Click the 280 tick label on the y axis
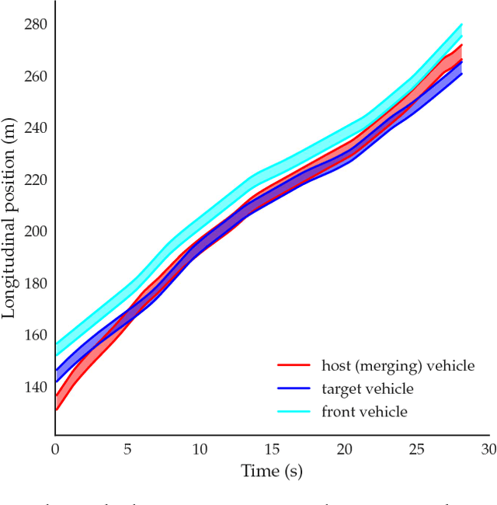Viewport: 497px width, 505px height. coord(36,24)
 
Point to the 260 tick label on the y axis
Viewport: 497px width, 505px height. coord(36,76)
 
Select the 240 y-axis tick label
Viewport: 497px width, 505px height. coord(36,127)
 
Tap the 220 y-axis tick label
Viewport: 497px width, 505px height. coord(36,179)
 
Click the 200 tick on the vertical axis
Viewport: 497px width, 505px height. coord(36,232)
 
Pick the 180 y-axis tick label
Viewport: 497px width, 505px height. coord(36,283)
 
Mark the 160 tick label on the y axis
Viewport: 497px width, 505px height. coord(36,335)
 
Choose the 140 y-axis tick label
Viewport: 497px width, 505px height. coord(36,387)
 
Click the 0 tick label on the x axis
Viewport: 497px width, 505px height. coord(55,449)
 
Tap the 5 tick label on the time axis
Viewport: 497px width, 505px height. coord(127,449)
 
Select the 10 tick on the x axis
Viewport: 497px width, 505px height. coord(200,449)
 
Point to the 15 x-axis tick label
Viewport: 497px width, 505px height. coord(272,449)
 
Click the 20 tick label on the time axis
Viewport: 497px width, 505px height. coord(344,449)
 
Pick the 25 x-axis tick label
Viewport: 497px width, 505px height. coord(416,449)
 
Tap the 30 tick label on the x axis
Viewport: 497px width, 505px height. coord(488,449)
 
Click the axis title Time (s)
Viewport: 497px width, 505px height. coord(272,471)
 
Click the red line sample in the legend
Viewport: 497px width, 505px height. coord(294,365)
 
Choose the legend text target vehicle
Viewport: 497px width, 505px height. coord(367,388)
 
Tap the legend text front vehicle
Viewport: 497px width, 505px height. coord(364,412)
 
